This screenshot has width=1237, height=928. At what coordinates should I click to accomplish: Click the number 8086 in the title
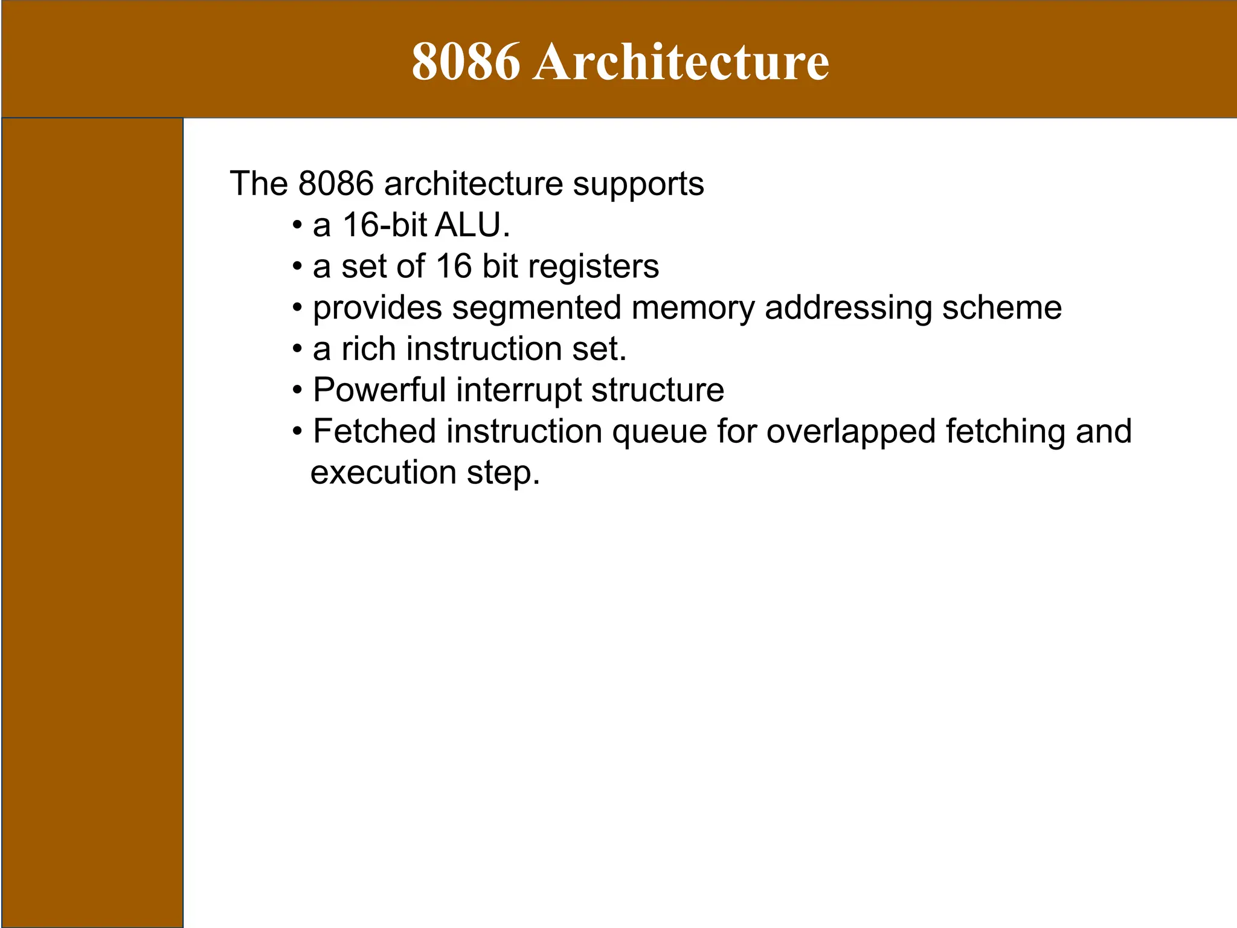[465, 62]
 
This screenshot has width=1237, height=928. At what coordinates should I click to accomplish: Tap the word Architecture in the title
[681, 62]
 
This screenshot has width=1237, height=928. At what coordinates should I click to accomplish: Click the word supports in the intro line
[638, 184]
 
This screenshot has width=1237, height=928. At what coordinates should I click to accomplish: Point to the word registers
[593, 267]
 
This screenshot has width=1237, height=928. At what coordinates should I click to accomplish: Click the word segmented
[536, 308]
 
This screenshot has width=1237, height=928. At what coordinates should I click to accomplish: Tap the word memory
[693, 308]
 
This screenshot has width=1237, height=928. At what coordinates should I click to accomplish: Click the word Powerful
[379, 390]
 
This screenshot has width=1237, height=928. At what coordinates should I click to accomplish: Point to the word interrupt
[518, 390]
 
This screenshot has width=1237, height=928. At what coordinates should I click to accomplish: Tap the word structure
[657, 390]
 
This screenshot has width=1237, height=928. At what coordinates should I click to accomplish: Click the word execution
[383, 473]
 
